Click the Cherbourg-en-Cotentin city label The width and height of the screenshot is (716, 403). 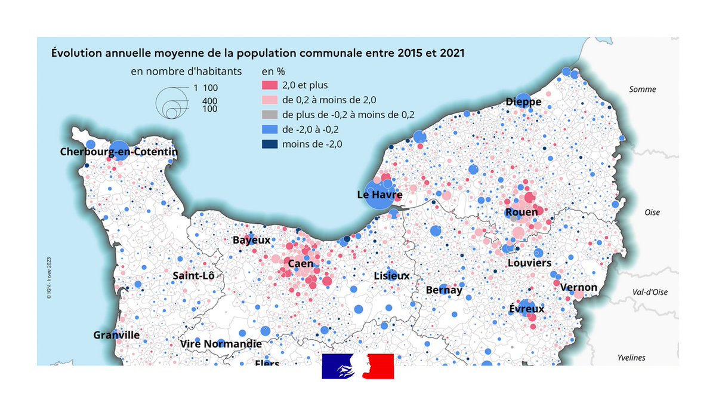point(119,152)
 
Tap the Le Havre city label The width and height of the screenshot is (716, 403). point(379,195)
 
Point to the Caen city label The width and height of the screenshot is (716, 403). point(300,263)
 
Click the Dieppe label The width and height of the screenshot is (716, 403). point(523,101)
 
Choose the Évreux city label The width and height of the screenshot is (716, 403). point(527,309)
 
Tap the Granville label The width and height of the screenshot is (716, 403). point(116,335)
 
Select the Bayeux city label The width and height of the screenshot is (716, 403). point(251,240)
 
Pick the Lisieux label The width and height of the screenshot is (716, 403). point(391,276)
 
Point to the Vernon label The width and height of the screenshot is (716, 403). point(579,287)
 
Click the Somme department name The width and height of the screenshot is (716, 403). point(643,90)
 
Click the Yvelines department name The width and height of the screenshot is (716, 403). point(631,358)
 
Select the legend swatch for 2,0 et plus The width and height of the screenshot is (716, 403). point(270,85)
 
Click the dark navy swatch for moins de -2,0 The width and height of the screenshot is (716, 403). point(270,143)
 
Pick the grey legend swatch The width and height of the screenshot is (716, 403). point(270,115)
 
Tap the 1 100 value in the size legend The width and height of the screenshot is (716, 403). point(206,88)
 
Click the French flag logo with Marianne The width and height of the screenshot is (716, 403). point(358,366)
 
